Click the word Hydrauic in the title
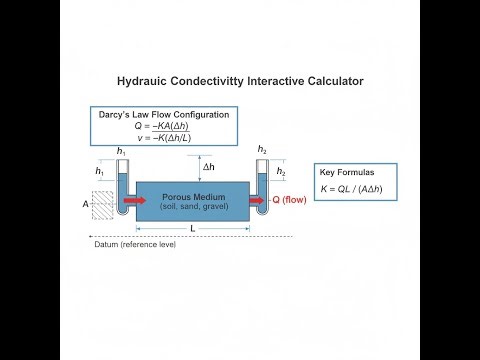click(x=145, y=79)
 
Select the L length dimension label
click(x=192, y=229)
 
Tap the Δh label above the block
click(x=209, y=167)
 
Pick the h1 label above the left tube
click(x=121, y=151)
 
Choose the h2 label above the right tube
click(x=262, y=150)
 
